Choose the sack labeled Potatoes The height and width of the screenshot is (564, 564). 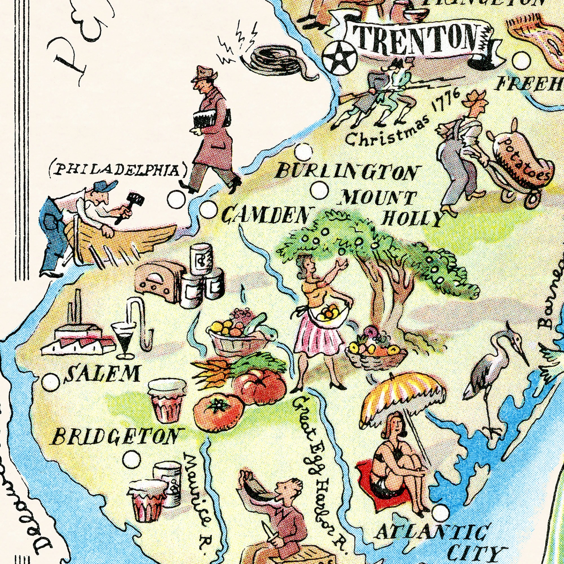click(x=523, y=162)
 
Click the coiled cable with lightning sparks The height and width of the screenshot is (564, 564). click(x=274, y=60)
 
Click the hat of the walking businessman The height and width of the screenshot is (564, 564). click(x=204, y=73)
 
